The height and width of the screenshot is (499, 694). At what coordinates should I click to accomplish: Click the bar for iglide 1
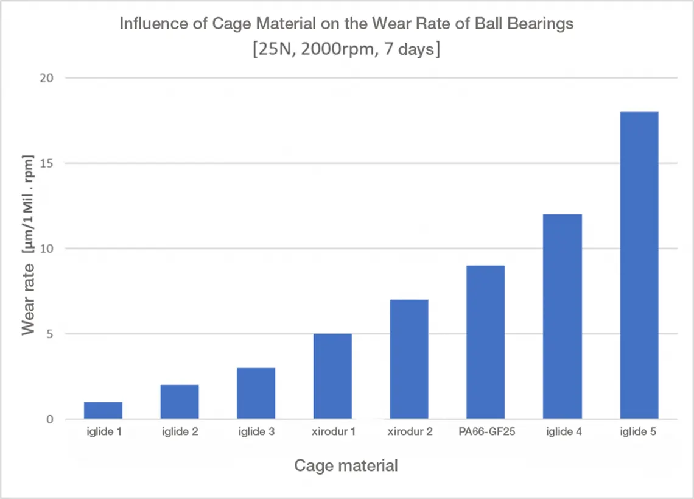pos(103,411)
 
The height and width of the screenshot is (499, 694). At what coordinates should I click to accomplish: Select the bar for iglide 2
pos(180,402)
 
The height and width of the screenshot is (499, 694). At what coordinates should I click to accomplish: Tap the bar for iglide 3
pos(256,394)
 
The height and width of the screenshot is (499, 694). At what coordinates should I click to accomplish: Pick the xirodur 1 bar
pos(332,377)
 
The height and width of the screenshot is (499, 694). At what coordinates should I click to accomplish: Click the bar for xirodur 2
pos(409,359)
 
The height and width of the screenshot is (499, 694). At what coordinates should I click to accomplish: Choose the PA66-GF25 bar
pos(485,342)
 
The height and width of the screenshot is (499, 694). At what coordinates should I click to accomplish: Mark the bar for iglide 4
pos(562,317)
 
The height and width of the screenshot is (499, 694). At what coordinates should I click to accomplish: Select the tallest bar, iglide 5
pos(639,266)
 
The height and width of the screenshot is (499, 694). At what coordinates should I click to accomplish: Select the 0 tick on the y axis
pos(50,419)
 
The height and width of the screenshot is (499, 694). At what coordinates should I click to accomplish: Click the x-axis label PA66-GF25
pos(485,433)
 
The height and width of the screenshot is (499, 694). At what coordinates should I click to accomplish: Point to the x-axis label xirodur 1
pos(332,433)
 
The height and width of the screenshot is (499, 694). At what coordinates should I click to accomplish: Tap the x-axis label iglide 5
pos(639,433)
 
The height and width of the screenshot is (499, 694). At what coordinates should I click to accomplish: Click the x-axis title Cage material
pos(346,466)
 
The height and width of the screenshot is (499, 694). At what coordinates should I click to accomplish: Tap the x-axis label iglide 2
pos(180,433)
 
